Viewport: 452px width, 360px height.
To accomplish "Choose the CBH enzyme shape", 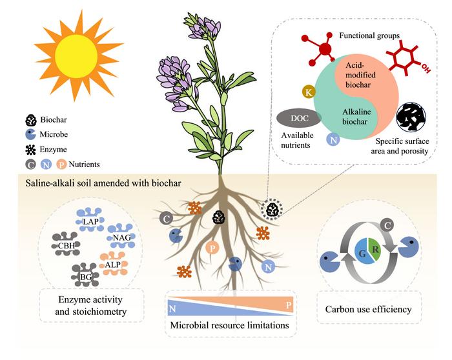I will coord(65,246).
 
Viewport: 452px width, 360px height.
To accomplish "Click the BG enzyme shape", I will coord(85,276).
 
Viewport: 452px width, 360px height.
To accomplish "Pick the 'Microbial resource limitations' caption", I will coord(229,325).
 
